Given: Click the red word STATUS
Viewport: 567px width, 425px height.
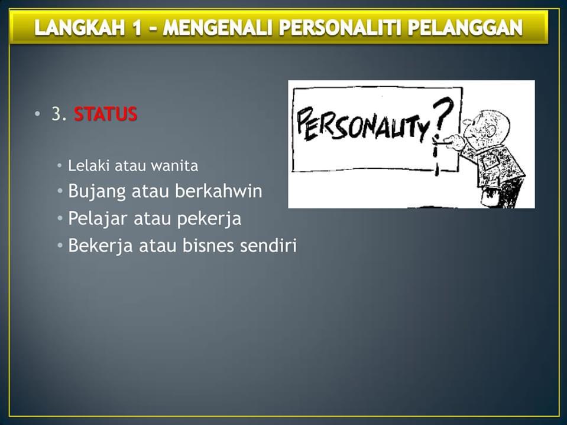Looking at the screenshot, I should pyautogui.click(x=106, y=114).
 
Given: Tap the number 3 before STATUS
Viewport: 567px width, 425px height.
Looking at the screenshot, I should pyautogui.click(x=56, y=114).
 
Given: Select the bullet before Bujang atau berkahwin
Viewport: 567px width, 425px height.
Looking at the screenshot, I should pyautogui.click(x=60, y=192).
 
